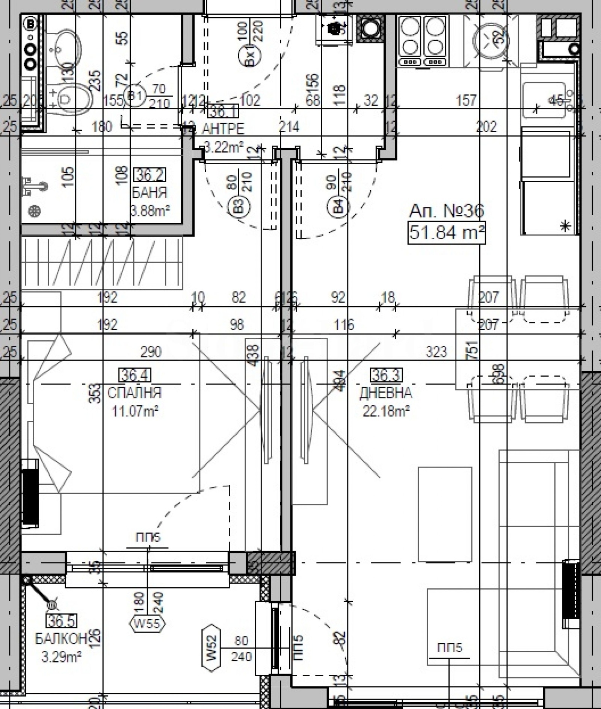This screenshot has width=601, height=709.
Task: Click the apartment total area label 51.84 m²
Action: (446, 233)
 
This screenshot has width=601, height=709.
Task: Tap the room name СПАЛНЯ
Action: (134, 393)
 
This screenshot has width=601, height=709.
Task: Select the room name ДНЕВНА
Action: (386, 393)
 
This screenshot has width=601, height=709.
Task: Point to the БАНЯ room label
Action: (149, 193)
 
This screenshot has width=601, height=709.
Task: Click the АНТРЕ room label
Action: (223, 128)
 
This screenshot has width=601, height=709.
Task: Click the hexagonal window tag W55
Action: (147, 624)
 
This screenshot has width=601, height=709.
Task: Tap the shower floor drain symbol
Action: (35, 211)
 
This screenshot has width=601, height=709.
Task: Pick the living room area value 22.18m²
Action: (386, 411)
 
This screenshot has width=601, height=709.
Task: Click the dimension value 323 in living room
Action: (436, 352)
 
